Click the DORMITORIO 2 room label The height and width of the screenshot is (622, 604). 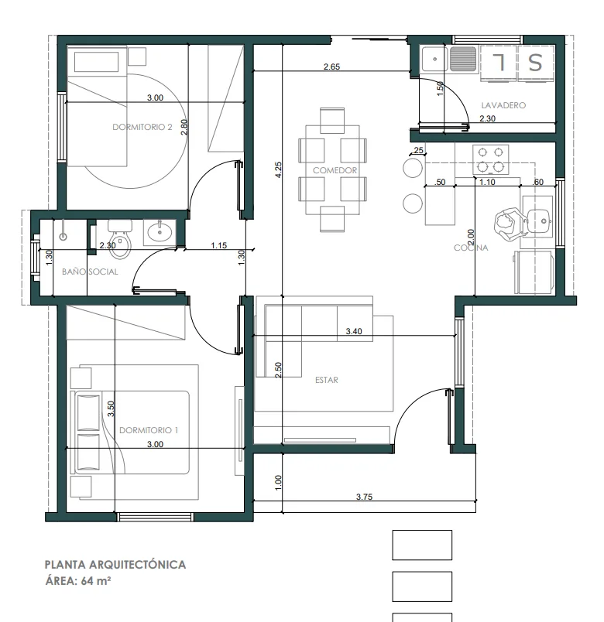(x=142, y=127)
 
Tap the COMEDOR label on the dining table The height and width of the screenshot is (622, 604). (x=335, y=170)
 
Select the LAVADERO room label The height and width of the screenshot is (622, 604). (x=503, y=105)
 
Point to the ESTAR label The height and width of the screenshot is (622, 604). (x=327, y=380)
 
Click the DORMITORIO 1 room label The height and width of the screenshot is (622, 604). (x=149, y=430)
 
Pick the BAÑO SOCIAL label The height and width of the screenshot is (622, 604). (x=90, y=272)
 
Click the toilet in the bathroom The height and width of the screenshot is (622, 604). (x=119, y=239)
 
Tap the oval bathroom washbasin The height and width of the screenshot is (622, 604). (x=160, y=232)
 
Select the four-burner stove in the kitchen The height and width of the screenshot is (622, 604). (x=490, y=159)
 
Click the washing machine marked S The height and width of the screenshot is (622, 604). (x=535, y=63)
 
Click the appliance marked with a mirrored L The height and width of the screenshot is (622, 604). (x=499, y=63)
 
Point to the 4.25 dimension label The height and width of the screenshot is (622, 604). (x=278, y=169)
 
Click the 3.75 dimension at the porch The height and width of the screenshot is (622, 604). (x=364, y=497)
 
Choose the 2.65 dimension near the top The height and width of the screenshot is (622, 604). (x=331, y=67)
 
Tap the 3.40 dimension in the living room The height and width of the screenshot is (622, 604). (x=353, y=331)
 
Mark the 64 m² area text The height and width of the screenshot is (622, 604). (x=96, y=581)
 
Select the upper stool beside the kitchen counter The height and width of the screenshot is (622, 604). (x=413, y=168)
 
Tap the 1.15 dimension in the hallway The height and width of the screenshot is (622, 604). (x=219, y=245)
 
